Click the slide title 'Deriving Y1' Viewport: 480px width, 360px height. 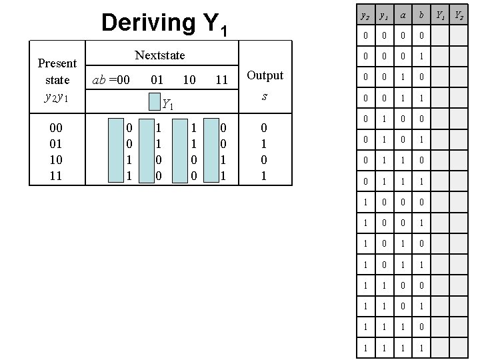click(165, 23)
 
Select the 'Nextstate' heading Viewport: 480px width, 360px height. click(160, 55)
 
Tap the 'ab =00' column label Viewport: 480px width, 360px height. click(111, 80)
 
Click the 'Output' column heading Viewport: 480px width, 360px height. click(265, 75)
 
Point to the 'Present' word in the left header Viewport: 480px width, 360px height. click(57, 63)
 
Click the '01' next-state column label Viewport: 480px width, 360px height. click(157, 80)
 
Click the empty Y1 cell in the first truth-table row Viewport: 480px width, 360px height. click(440, 35)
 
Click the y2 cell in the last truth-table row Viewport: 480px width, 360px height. click(364, 348)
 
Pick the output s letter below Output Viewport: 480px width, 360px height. click(265, 96)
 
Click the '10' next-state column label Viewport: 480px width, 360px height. click(189, 80)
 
